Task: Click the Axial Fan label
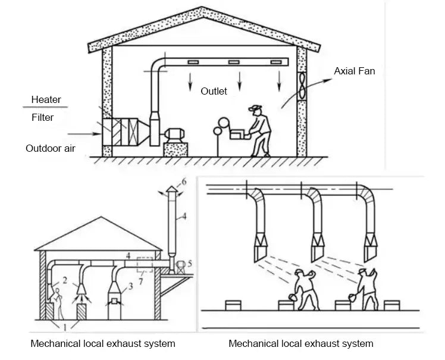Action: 354,71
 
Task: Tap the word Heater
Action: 46,99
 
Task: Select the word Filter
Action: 42,117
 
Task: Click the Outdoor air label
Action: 50,148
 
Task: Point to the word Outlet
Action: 214,91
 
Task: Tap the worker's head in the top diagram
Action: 257,109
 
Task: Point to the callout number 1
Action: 65,327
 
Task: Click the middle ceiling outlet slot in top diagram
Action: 234,62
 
